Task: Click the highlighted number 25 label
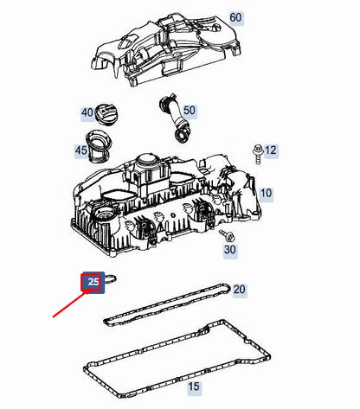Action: (x=93, y=281)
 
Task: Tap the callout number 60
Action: (x=236, y=17)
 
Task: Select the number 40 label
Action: (x=87, y=112)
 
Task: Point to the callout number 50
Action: (x=189, y=111)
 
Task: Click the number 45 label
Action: (x=81, y=151)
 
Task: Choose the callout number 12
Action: (x=270, y=150)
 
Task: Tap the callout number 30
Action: (x=229, y=250)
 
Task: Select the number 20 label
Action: (x=239, y=289)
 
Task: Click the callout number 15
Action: (x=194, y=386)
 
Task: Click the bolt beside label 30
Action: (x=228, y=234)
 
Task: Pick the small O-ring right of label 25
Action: (x=115, y=279)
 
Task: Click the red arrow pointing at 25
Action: (x=69, y=302)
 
